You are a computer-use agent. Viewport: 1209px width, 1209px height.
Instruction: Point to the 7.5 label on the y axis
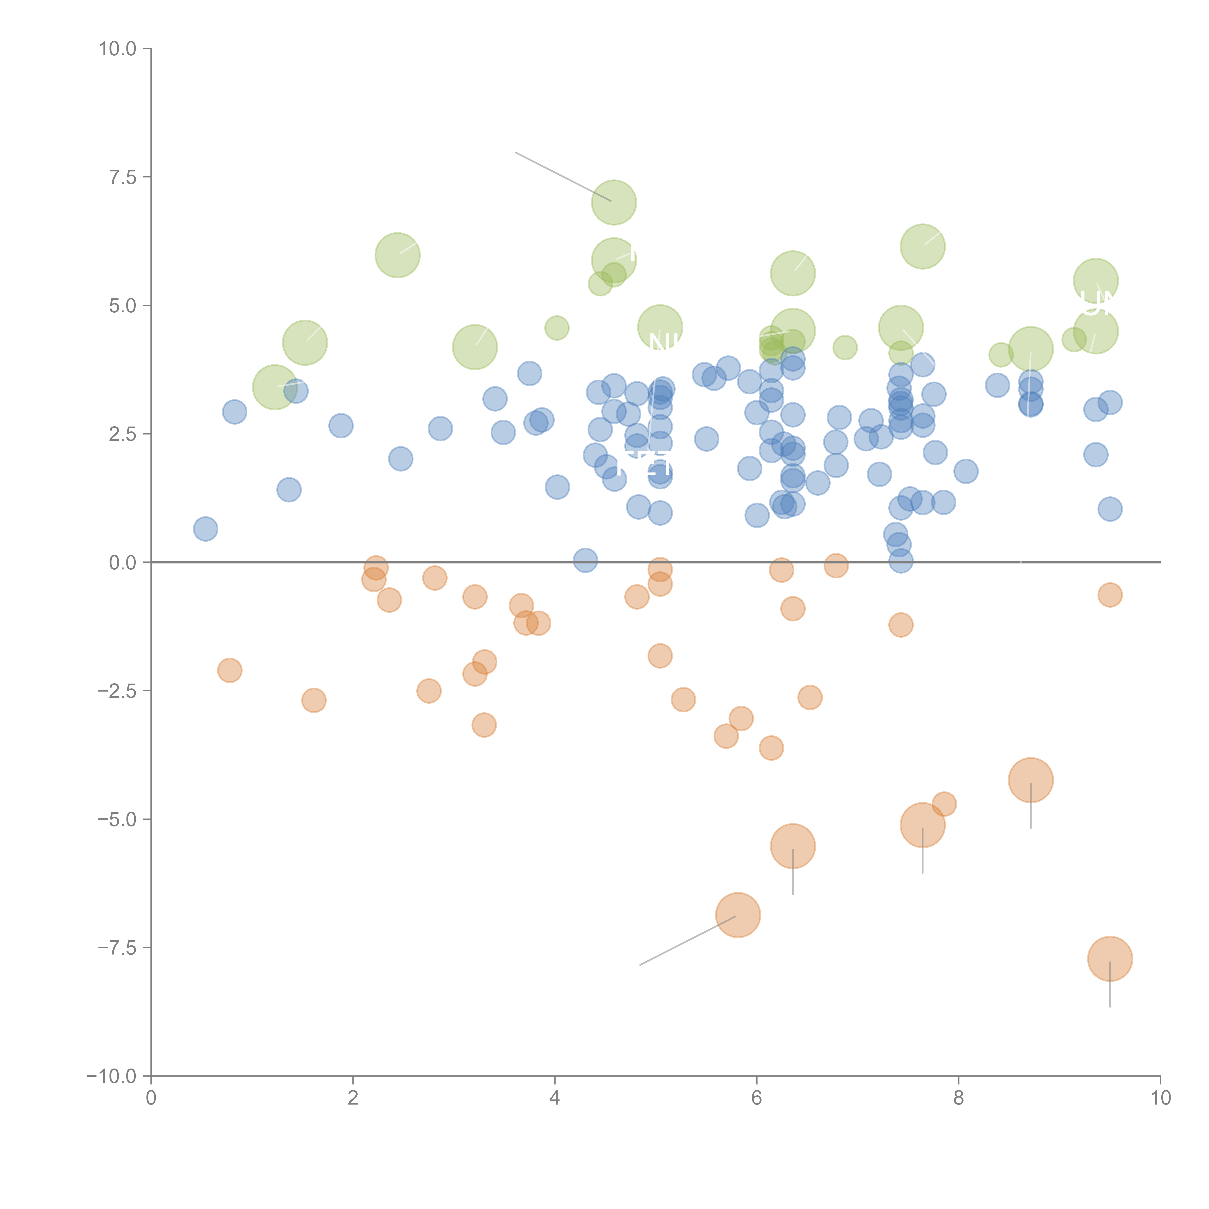click(123, 177)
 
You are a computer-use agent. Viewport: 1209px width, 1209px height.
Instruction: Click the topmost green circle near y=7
click(614, 202)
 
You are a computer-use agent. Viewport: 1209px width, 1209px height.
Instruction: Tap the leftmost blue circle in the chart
click(205, 529)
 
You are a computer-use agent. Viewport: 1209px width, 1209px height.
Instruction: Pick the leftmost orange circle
click(230, 670)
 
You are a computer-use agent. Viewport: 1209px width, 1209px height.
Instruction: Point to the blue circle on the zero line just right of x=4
click(585, 560)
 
